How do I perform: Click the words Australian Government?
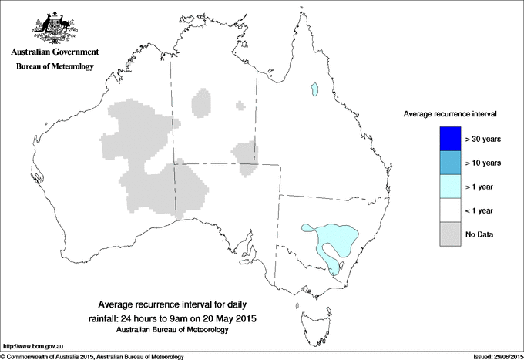[x=55, y=52]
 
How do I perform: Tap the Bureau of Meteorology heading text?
[x=55, y=67]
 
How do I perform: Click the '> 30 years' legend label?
[x=483, y=139]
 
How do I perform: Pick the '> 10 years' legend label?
[x=483, y=163]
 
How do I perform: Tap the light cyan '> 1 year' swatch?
[x=448, y=186]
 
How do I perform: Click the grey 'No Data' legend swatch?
[x=448, y=234]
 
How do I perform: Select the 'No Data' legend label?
[x=480, y=234]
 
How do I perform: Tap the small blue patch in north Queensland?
[x=314, y=89]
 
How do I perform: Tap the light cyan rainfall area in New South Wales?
[x=335, y=235]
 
